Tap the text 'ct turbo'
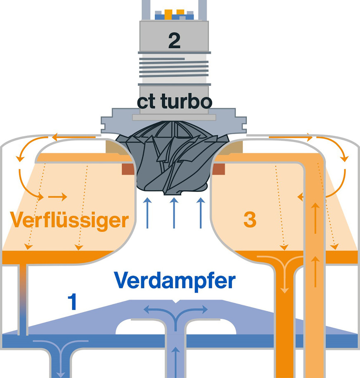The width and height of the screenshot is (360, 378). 174,102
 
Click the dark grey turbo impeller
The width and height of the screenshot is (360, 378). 174,163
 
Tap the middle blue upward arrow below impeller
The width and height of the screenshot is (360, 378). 174,213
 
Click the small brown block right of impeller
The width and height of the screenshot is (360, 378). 219,168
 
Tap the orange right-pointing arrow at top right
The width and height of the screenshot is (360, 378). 289,136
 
